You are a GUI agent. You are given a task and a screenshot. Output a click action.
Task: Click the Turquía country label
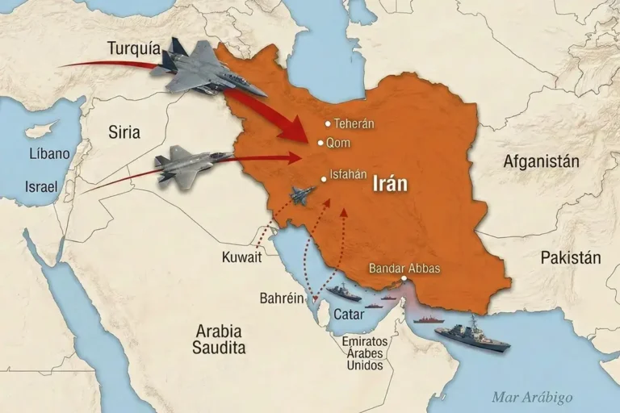coord(132,48)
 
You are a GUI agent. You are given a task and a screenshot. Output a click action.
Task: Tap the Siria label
coord(124,132)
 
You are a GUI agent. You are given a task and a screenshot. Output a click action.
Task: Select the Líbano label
coord(48,153)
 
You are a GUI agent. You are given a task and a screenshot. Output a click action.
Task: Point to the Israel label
coord(41,187)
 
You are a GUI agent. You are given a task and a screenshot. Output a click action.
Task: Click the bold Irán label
coord(390,183)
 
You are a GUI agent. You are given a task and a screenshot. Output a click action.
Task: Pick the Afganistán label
coord(541,161)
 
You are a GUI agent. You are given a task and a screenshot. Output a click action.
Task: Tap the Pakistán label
coord(571,258)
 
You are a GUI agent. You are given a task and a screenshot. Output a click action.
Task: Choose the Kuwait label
coord(241,257)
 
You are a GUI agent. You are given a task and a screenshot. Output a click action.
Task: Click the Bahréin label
coord(282,298)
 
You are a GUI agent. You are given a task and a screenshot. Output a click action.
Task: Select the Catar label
coord(348,315)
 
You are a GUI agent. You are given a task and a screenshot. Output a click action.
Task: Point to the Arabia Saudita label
coord(219,339)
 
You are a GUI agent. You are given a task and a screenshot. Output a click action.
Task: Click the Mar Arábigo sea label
coord(532,397)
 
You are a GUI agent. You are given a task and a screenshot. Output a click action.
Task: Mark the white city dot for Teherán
coord(327,123)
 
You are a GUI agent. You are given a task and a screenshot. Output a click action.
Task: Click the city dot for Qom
coord(320,143)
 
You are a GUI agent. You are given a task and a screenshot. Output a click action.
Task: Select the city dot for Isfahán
coord(323,179)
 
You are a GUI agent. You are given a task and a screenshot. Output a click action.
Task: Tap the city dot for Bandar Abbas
coord(401,280)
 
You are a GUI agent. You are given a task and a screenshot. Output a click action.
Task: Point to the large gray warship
coord(472,335)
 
